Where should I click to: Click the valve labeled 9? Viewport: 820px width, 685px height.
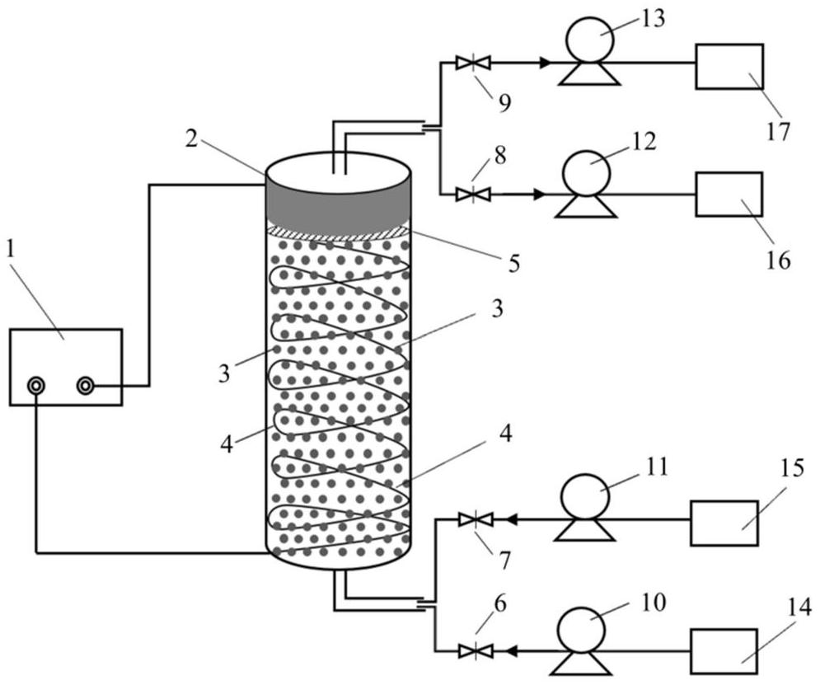coord(473,62)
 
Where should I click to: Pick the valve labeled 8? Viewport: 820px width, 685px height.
coord(473,195)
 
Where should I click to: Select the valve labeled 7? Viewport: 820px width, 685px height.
coord(476,519)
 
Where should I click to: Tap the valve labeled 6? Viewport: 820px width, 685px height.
coord(476,651)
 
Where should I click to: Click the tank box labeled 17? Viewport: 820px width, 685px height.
coord(729,66)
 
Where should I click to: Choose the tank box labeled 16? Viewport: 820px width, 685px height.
coord(729,194)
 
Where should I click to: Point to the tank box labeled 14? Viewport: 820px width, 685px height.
coord(724,650)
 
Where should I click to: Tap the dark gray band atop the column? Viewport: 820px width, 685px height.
coord(337,202)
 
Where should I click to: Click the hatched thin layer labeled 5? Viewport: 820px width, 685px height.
coord(337,233)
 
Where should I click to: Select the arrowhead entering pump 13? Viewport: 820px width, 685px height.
coord(545,62)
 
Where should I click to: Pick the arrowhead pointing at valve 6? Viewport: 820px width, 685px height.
coord(512,651)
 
